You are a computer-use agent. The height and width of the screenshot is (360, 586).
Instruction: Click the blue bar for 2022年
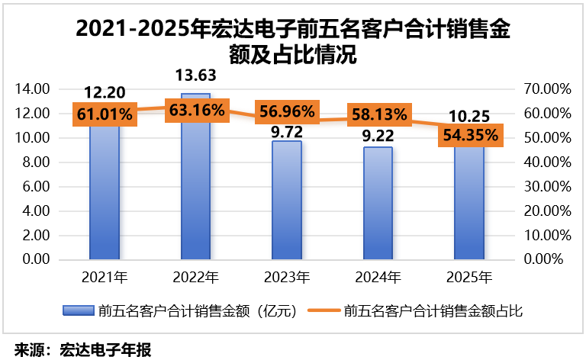(196, 176)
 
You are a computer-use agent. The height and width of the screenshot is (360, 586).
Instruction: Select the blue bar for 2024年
(378, 203)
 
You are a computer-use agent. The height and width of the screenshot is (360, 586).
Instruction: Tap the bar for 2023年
(287, 200)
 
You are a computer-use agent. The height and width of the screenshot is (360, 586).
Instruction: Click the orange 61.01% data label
(105, 114)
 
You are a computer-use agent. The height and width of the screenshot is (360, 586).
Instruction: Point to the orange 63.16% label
(197, 110)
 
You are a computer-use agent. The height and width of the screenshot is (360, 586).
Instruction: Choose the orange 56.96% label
(287, 111)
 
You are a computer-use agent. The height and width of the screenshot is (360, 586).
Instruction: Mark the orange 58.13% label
(379, 114)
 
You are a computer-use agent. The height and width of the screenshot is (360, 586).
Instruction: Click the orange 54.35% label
(471, 135)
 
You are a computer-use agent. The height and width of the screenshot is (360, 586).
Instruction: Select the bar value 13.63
(196, 76)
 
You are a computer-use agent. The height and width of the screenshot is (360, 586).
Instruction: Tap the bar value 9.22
(378, 136)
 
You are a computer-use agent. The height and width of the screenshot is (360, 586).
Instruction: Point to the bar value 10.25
(469, 117)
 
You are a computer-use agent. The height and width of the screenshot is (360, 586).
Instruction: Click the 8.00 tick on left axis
(36, 162)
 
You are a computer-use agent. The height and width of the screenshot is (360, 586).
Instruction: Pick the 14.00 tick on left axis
(32, 89)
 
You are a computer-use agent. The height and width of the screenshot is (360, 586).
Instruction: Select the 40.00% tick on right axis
(548, 162)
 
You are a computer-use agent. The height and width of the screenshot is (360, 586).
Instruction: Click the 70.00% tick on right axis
(548, 89)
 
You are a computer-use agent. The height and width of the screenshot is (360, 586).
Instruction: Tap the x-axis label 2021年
(105, 277)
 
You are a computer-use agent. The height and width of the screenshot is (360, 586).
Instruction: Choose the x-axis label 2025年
(469, 277)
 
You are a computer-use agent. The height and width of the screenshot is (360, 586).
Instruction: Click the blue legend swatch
(79, 310)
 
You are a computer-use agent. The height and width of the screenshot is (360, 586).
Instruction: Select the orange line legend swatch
(324, 310)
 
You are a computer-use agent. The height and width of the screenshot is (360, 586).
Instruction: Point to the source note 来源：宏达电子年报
(83, 350)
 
